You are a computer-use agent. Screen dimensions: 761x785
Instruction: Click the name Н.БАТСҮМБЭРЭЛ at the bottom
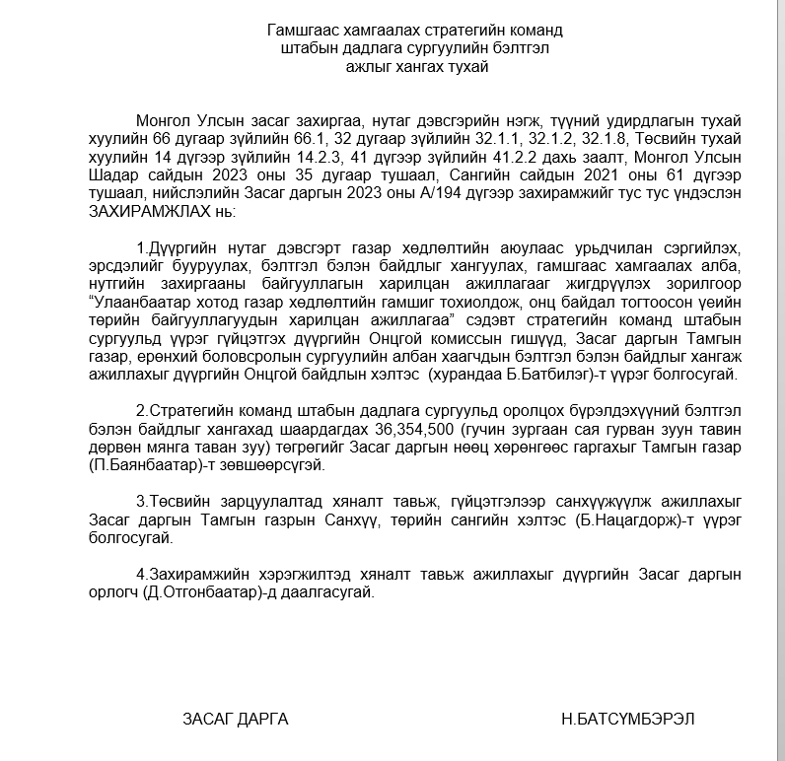628,719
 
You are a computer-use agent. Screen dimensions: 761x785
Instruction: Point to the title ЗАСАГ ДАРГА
236,719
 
